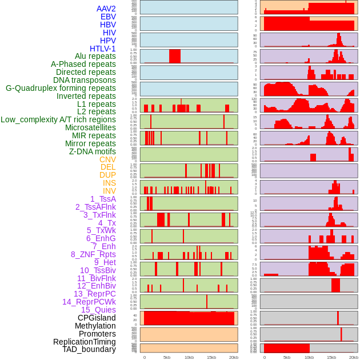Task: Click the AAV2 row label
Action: click(x=106, y=9)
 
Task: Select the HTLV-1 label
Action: click(x=103, y=49)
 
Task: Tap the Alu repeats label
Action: click(x=95, y=56)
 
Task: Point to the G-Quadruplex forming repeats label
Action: click(x=61, y=88)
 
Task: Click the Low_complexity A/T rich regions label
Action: click(x=58, y=119)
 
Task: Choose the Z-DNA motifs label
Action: click(x=93, y=151)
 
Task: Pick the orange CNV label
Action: click(x=107, y=159)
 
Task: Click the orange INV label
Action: click(x=109, y=191)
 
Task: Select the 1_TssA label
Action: click(x=103, y=199)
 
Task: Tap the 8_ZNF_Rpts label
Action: click(x=93, y=254)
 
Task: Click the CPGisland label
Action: click(x=97, y=318)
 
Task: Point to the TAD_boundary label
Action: click(x=89, y=349)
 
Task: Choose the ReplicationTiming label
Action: click(x=85, y=342)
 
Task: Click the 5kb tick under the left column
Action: click(x=166, y=357)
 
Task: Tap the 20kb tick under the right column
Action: click(x=354, y=357)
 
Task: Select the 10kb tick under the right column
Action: click(x=309, y=357)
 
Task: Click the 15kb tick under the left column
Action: click(x=211, y=357)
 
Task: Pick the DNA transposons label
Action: click(x=85, y=80)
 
